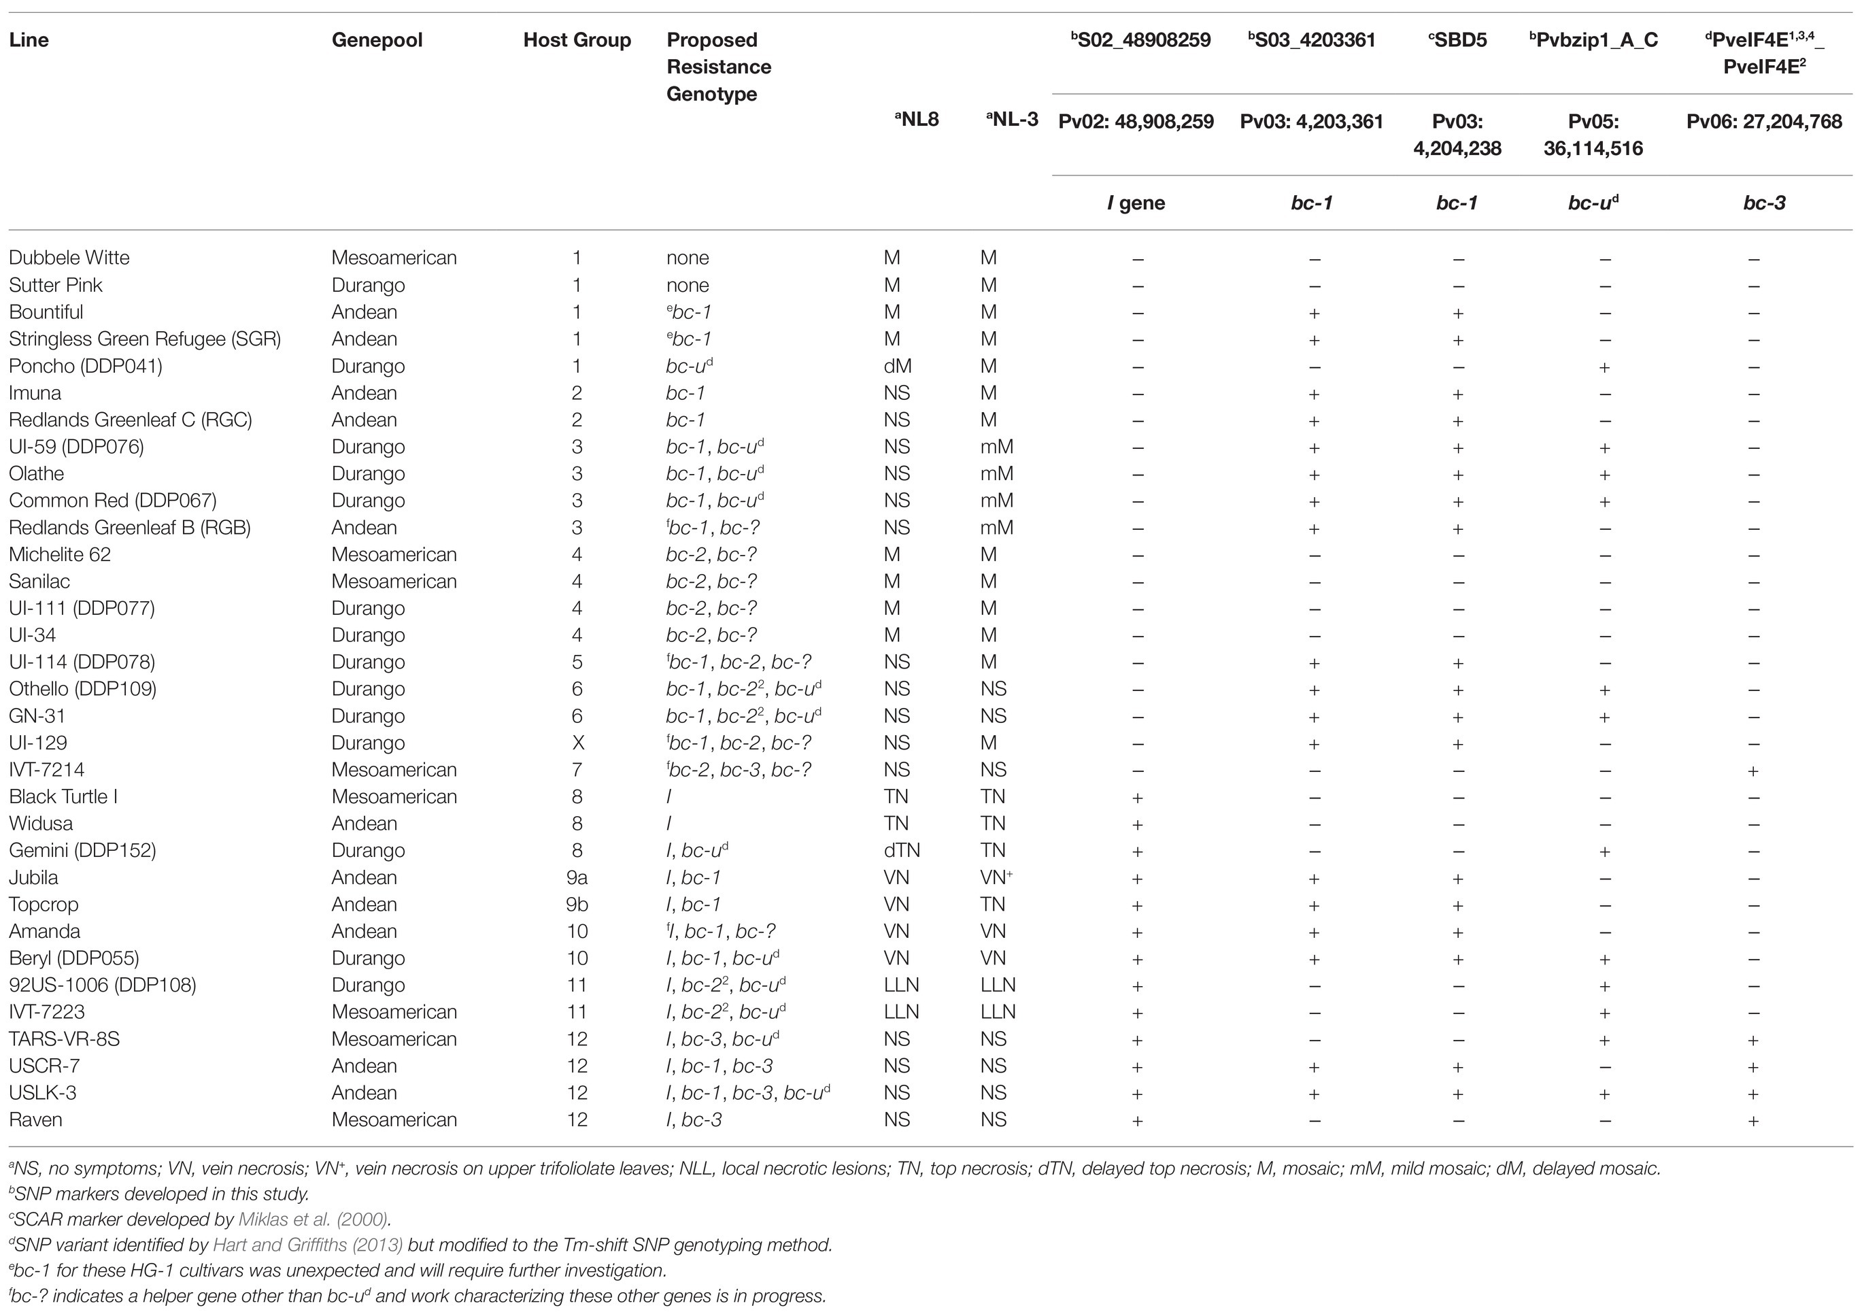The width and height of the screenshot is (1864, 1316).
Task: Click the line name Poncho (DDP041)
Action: (85, 366)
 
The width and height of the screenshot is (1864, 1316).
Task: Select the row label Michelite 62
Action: (59, 554)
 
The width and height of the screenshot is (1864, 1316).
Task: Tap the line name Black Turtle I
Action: (63, 796)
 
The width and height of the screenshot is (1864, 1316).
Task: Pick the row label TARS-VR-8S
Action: (64, 1039)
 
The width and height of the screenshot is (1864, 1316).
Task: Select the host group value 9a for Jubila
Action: (577, 877)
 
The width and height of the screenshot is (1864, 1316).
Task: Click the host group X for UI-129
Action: (577, 743)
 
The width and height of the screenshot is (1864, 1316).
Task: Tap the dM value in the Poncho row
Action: (897, 366)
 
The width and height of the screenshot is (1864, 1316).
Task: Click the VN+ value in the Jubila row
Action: (996, 877)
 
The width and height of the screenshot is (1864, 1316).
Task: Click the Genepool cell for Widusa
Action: (364, 823)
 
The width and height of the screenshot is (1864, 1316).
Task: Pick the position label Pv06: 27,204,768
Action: (1763, 122)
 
